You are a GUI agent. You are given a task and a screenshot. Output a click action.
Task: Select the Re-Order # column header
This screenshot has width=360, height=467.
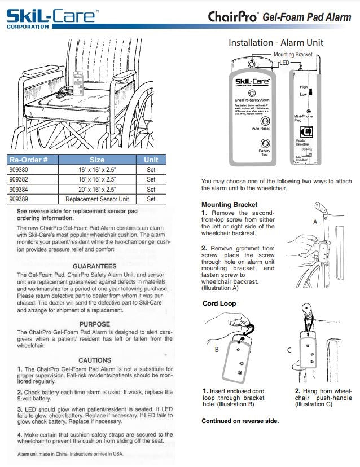(x=32, y=160)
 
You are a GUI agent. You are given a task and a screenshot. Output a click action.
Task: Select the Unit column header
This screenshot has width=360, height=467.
(x=151, y=160)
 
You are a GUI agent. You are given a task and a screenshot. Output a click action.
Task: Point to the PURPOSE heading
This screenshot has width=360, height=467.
(x=94, y=324)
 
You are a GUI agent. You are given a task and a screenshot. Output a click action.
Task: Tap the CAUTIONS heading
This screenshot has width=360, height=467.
(x=94, y=360)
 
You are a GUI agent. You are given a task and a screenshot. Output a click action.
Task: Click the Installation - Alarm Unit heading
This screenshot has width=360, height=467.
(x=275, y=43)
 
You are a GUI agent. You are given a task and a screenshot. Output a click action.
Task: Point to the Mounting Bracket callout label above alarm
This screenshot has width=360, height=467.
(x=292, y=55)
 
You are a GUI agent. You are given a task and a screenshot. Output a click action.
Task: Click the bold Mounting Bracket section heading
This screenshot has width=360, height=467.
(x=229, y=205)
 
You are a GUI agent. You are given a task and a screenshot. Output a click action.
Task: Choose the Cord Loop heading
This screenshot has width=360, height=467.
(x=219, y=303)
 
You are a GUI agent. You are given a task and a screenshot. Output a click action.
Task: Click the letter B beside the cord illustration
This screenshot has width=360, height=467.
(x=216, y=350)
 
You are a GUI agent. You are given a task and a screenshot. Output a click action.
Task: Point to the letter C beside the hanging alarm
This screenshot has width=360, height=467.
(x=289, y=350)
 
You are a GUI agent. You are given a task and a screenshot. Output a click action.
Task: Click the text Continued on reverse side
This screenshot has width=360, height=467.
(x=240, y=421)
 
